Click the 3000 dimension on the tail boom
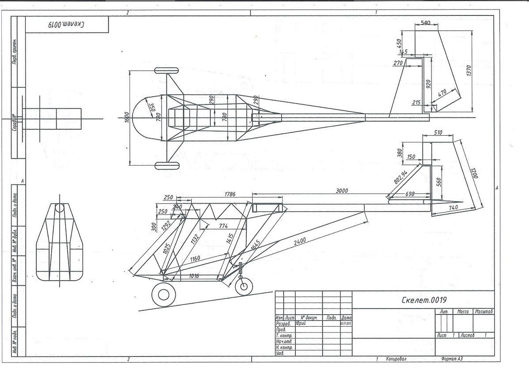(x=342, y=191)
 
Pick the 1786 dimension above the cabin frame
(x=230, y=194)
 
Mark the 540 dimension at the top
(x=425, y=22)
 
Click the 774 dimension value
(x=223, y=226)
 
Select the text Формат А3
(x=452, y=359)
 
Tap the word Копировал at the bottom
(x=396, y=359)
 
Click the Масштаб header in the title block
(x=484, y=312)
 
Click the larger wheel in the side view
(x=163, y=295)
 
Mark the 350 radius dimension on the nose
(x=149, y=107)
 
